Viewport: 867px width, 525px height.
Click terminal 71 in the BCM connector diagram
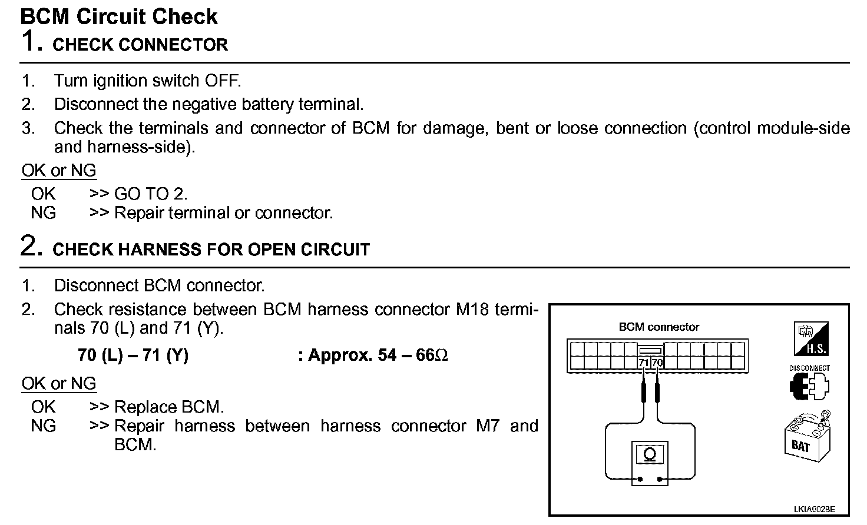tap(644, 363)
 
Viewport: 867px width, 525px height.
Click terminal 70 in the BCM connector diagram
tap(657, 363)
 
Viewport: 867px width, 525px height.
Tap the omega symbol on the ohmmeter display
tap(650, 455)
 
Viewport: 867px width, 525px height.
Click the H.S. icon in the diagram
tap(811, 340)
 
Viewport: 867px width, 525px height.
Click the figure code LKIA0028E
tap(814, 509)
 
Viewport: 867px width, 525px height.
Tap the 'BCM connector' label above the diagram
tap(658, 327)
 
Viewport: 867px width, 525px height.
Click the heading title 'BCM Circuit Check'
tap(119, 16)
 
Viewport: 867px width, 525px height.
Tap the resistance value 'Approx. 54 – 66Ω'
tap(378, 355)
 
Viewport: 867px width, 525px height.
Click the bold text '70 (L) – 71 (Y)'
tap(133, 355)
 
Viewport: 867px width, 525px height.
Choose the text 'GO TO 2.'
tap(151, 194)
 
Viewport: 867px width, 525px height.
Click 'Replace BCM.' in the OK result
tap(169, 407)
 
